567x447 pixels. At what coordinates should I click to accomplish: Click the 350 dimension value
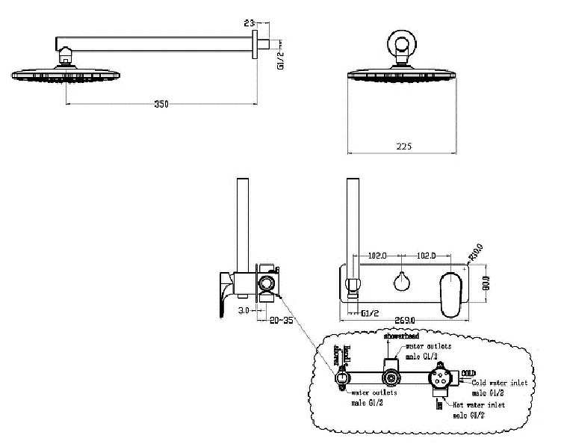pos(160,105)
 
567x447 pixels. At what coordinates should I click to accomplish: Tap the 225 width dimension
pos(405,147)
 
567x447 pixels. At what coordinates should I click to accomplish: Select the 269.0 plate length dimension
pos(404,321)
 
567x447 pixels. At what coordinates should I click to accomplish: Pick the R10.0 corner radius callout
pos(475,254)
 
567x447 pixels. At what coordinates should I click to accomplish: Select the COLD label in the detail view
pos(468,372)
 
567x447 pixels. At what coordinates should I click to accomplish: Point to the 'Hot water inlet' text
pos(478,405)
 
